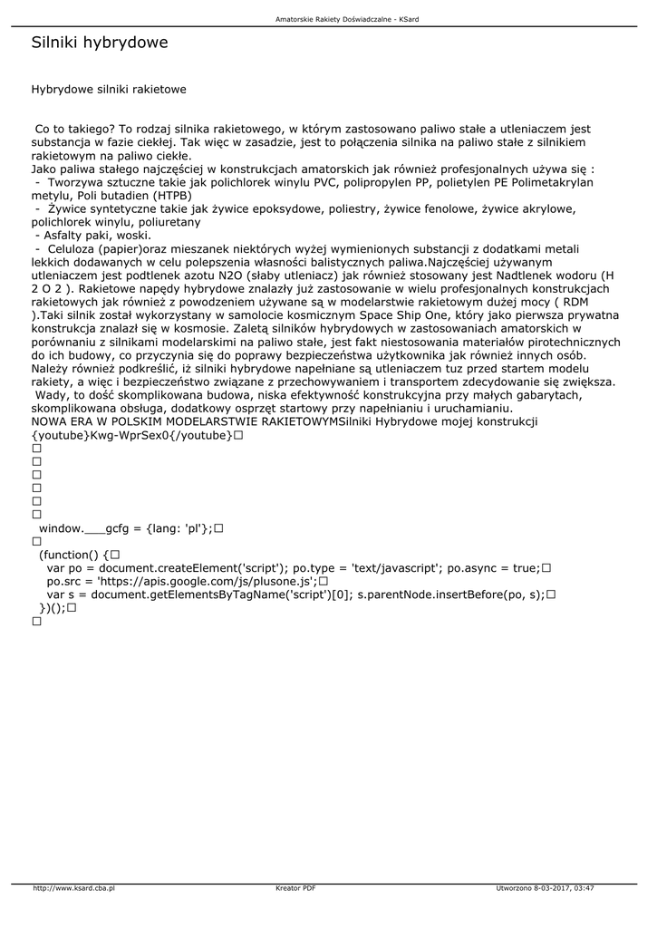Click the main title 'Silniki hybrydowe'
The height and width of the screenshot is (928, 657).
[100, 43]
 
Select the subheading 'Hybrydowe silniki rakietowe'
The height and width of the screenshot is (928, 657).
[109, 90]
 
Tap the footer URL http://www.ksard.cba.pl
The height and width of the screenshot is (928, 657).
[73, 888]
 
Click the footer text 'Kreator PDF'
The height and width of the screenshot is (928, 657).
[295, 888]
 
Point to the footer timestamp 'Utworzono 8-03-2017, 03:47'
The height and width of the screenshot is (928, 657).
[546, 888]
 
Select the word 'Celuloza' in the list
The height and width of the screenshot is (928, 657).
[72, 248]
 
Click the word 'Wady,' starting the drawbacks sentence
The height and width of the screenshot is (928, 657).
[53, 395]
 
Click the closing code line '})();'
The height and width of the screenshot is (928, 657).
[52, 608]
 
